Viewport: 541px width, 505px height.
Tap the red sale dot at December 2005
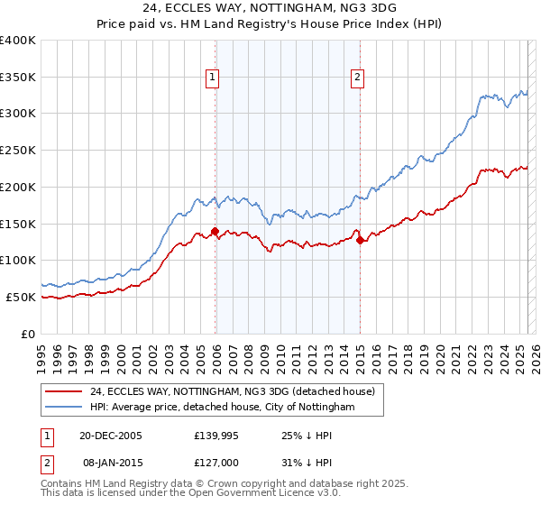pos(215,231)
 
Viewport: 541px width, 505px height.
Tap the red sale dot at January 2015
pos(360,240)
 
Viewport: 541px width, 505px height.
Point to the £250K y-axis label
pos(18,150)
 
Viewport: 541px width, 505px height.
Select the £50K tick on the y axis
pos(21,297)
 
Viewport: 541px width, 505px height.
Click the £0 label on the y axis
pos(29,334)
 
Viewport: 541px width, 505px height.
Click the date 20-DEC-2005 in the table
pos(110,436)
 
